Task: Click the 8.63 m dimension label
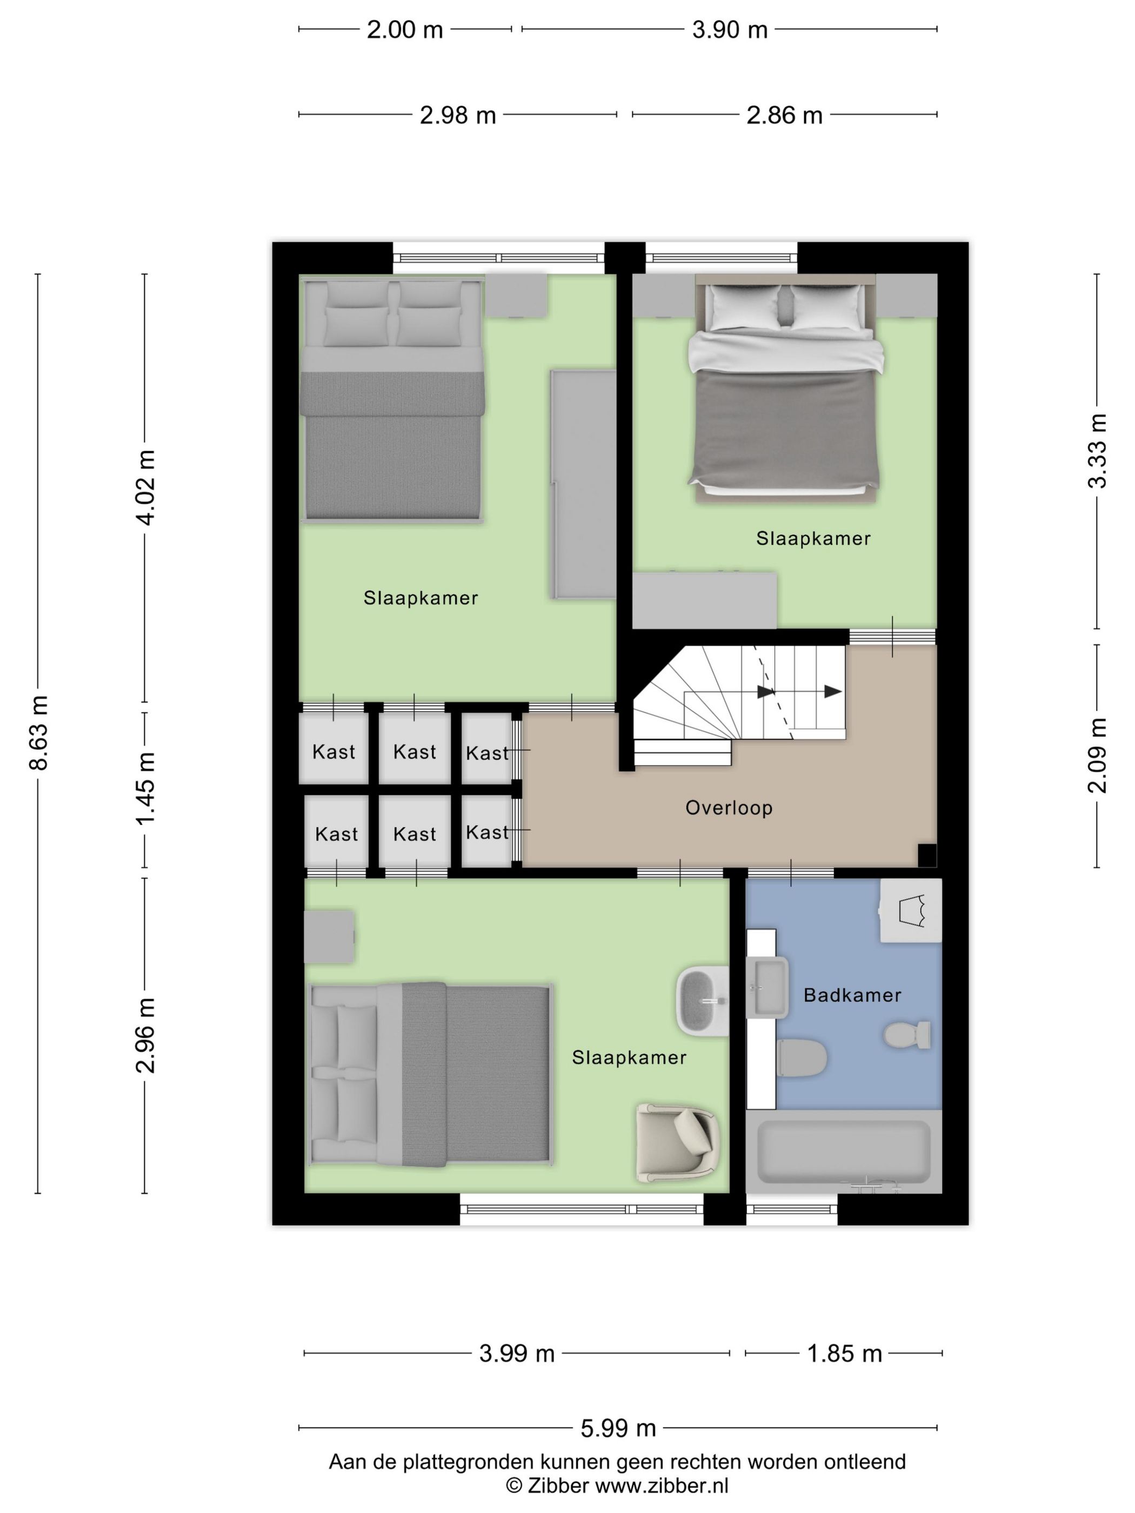(39, 733)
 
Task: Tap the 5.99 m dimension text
(618, 1428)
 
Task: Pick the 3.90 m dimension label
(729, 29)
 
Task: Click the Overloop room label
(729, 808)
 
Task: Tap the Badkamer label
(852, 995)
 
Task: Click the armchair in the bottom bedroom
(677, 1143)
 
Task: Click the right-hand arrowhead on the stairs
(833, 692)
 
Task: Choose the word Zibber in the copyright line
(556, 1485)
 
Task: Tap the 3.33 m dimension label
(1097, 451)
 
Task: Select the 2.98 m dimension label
(458, 115)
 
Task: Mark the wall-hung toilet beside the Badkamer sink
(803, 1057)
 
